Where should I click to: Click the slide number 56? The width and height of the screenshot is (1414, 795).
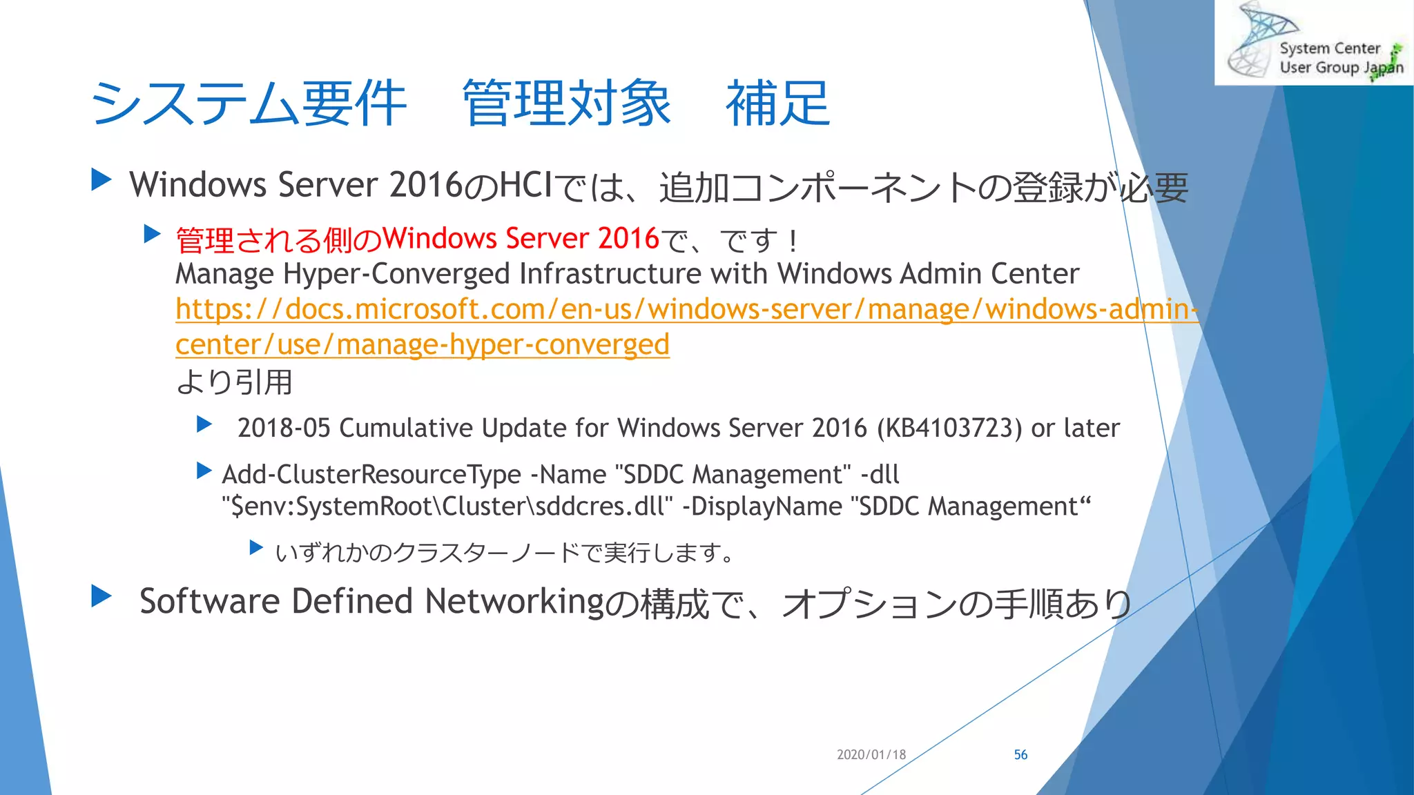pyautogui.click(x=1020, y=755)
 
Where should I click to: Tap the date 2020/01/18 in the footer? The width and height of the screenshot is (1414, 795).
pyautogui.click(x=871, y=755)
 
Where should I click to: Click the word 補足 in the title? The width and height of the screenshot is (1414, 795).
pyautogui.click(x=777, y=104)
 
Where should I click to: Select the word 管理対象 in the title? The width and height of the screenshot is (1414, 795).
pyautogui.click(x=566, y=104)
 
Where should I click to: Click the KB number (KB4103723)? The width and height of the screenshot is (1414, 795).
pyautogui.click(x=949, y=429)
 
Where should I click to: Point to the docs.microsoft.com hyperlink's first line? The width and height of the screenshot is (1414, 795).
pyautogui.click(x=686, y=310)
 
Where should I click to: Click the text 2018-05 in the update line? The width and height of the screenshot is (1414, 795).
pyautogui.click(x=284, y=429)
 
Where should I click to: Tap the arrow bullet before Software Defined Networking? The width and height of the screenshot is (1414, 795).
pyautogui.click(x=101, y=596)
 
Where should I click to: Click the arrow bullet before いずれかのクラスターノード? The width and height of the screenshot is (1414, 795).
pyautogui.click(x=256, y=549)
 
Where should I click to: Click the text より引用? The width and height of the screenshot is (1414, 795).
pyautogui.click(x=235, y=382)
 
